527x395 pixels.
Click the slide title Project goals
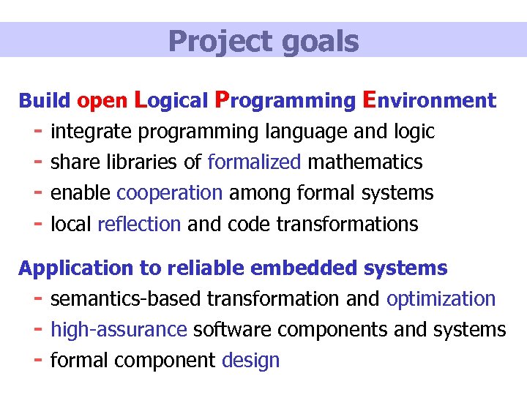pyautogui.click(x=263, y=41)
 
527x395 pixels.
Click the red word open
pyautogui.click(x=103, y=101)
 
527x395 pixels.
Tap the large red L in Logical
pyautogui.click(x=143, y=99)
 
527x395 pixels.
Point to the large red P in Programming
pyautogui.click(x=225, y=99)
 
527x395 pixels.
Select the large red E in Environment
pyautogui.click(x=370, y=99)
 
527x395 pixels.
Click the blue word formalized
pyautogui.click(x=254, y=162)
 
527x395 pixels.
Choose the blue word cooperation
pyautogui.click(x=169, y=193)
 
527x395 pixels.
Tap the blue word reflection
pyautogui.click(x=138, y=224)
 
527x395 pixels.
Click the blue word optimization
pyautogui.click(x=441, y=299)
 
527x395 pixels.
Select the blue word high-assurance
pyautogui.click(x=119, y=330)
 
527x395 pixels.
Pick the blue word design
pyautogui.click(x=250, y=361)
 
